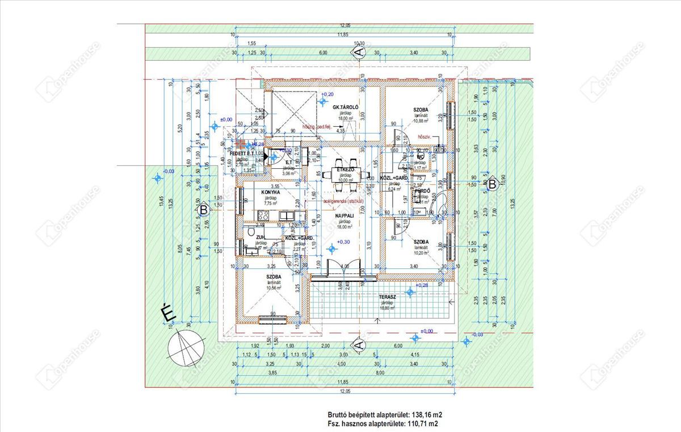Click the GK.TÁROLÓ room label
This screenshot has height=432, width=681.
coord(344,107)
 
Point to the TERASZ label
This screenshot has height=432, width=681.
coord(387,297)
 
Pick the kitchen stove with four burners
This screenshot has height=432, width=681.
coord(263,215)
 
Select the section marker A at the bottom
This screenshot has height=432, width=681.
coord(358,345)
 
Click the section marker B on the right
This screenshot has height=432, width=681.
coord(492,184)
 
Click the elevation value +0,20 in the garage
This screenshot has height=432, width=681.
coord(327,94)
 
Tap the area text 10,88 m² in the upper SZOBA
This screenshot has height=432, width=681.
coord(421,121)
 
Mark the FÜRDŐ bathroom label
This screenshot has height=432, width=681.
coord(421,192)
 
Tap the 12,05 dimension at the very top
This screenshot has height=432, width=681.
coord(344,26)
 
